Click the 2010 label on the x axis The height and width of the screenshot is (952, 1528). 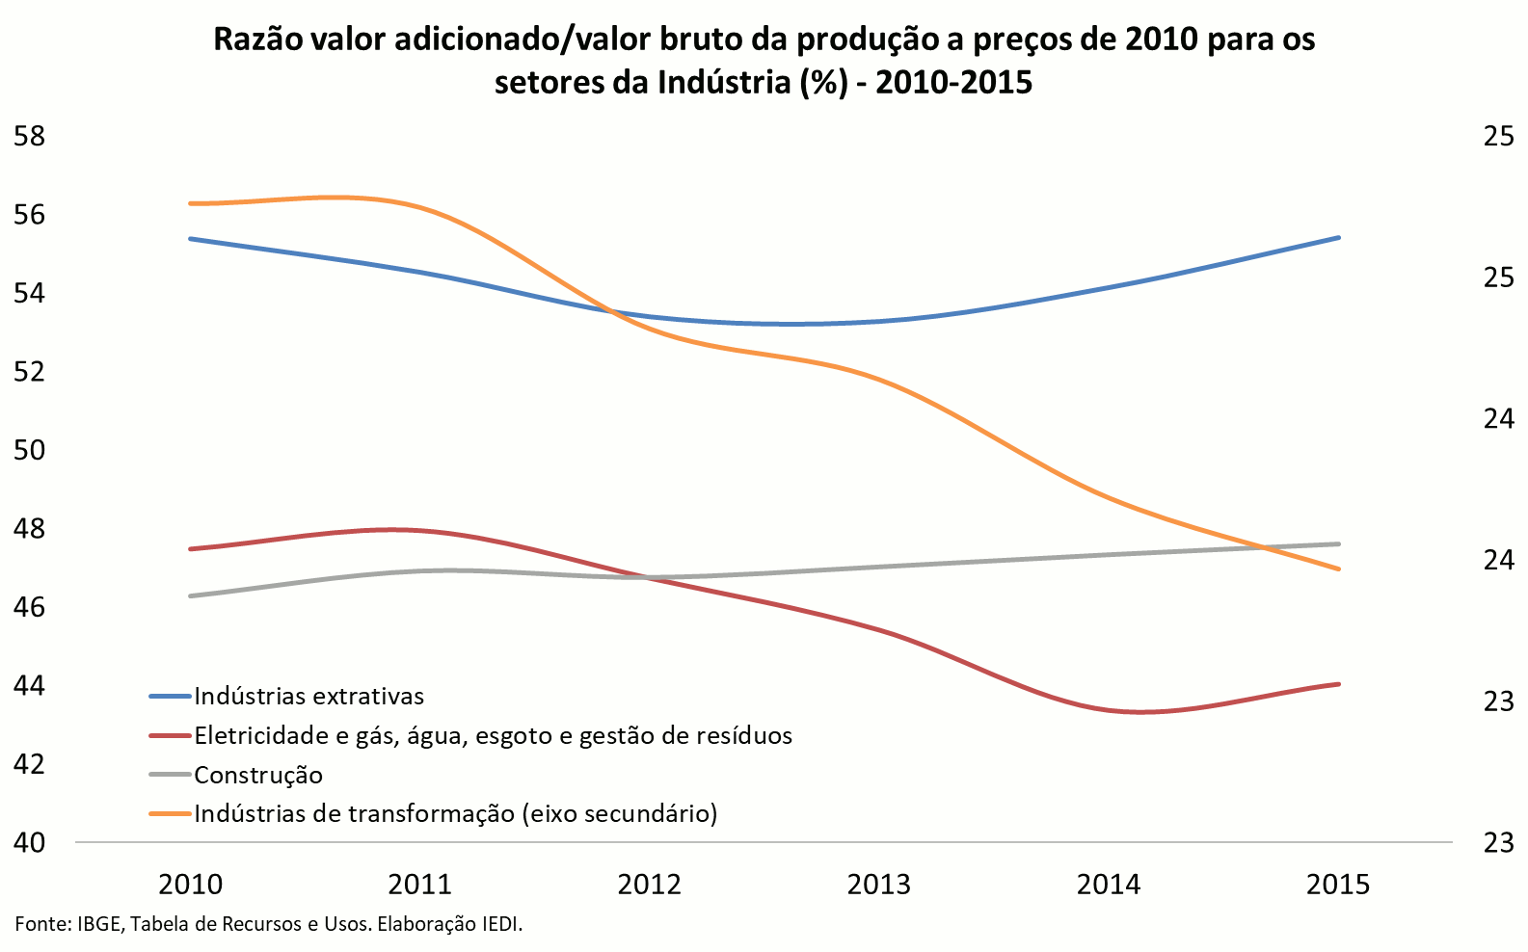point(191,884)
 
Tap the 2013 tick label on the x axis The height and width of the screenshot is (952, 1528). point(879,884)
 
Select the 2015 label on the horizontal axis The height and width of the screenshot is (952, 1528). point(1338,884)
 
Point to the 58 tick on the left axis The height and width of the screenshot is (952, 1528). point(30,136)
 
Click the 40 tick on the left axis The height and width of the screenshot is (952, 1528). point(30,842)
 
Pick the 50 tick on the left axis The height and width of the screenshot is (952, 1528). point(30,450)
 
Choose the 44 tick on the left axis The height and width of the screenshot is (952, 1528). point(30,685)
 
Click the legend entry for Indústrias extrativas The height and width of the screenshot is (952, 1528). point(308,696)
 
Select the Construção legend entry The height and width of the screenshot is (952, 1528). point(257,775)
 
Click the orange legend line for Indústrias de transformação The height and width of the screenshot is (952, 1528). point(171,814)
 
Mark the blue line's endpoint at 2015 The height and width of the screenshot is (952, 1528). point(1339,237)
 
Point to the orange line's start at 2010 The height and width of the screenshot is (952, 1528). point(191,203)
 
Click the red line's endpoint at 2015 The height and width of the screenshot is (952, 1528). point(1339,684)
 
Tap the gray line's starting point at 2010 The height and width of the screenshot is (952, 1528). point(191,595)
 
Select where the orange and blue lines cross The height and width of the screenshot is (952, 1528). point(613,310)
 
